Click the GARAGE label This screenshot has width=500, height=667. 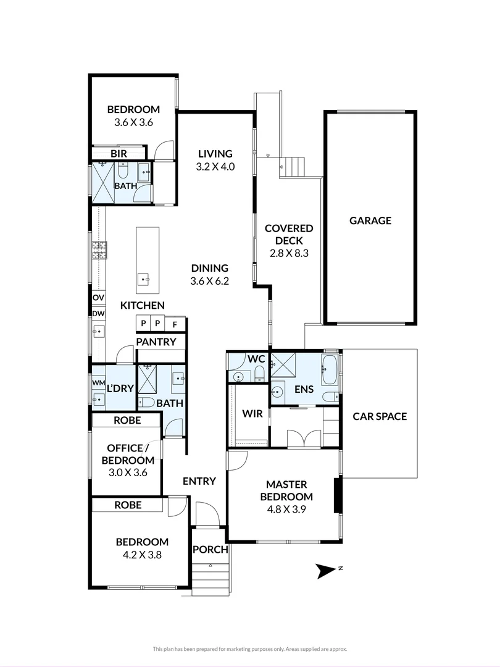tap(370, 220)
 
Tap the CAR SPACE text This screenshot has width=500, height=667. tap(380, 416)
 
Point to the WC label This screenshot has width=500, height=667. tap(256, 359)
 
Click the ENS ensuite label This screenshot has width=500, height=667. tap(304, 390)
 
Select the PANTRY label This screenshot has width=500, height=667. tap(156, 342)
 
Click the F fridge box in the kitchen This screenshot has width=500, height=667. tap(175, 324)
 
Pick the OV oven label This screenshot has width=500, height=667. tap(98, 298)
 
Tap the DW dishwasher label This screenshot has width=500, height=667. tap(98, 314)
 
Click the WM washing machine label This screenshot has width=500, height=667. tap(98, 383)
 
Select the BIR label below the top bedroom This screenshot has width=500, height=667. tap(119, 153)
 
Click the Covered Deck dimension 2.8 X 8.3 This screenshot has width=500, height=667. tap(289, 253)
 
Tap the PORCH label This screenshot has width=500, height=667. tap(210, 550)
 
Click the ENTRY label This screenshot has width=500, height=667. tap(199, 481)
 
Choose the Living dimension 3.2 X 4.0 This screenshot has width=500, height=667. tap(215, 166)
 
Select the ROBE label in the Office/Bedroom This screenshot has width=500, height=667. tap(127, 420)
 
